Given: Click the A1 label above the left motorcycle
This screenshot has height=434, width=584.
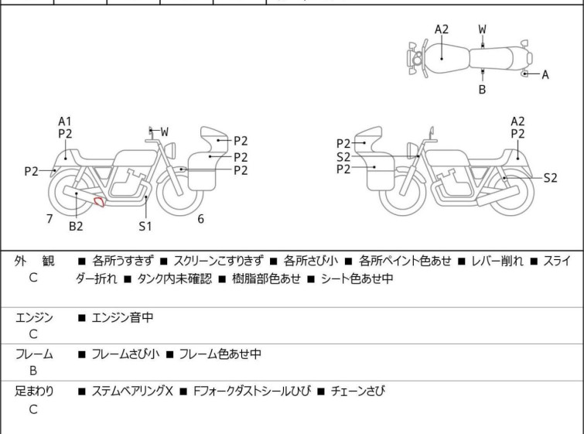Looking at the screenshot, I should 65,121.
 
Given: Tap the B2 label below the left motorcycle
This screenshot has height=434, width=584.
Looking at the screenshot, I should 75,226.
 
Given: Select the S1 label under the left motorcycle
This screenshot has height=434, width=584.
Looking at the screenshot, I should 145,226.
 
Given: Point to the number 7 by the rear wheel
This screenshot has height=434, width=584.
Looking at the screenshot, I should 50,219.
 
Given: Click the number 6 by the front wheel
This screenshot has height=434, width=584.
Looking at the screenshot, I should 200,219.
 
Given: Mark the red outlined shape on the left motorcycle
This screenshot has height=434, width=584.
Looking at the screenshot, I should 99,203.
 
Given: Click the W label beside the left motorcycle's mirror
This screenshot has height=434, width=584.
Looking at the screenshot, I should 164,132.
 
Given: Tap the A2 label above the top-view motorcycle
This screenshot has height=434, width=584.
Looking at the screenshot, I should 442,29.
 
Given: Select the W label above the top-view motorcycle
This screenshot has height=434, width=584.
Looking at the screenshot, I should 482,29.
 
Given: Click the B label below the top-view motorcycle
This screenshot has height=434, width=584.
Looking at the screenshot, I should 482,90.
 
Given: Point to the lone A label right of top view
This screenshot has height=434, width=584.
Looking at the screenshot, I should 545,74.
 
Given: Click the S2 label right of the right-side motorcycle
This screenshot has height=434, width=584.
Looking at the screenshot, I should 549,177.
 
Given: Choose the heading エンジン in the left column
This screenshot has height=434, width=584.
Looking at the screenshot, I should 34,316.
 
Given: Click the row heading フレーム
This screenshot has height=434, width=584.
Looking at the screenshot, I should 34,354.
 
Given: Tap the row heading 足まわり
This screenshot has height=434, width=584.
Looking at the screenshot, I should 34,391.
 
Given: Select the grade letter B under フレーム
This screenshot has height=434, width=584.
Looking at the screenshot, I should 33,371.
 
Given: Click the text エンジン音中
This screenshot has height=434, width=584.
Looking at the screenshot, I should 120,316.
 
